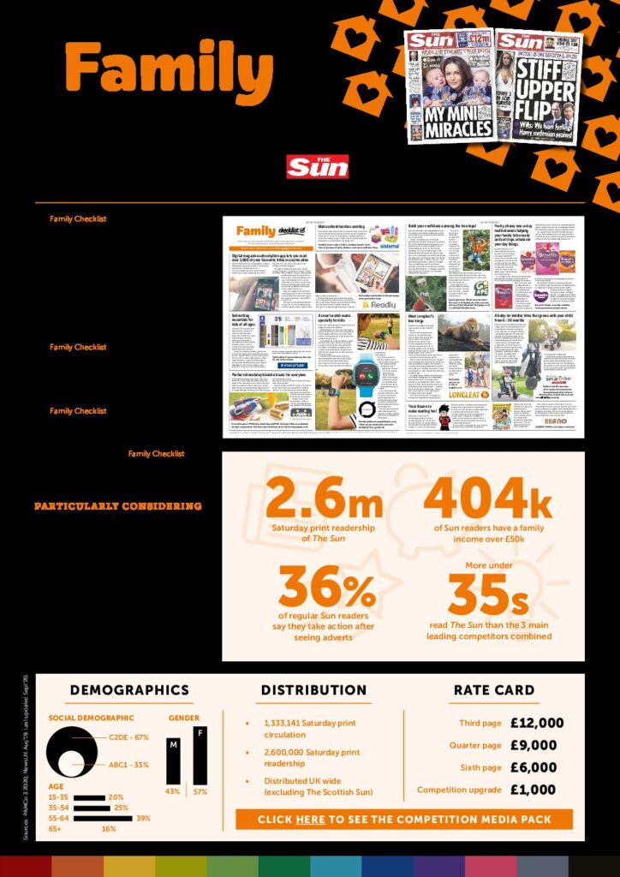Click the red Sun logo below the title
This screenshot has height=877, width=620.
click(x=318, y=166)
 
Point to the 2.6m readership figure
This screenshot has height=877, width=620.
click(x=324, y=498)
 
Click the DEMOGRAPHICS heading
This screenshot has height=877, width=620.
click(x=129, y=689)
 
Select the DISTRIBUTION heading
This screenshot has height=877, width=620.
click(x=313, y=689)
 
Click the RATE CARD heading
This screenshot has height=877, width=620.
click(x=494, y=689)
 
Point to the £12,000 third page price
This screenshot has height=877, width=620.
click(x=537, y=724)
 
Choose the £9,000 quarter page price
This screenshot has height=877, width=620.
click(x=533, y=745)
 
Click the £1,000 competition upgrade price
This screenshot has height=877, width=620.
click(x=533, y=790)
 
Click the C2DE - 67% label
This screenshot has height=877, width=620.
click(x=129, y=737)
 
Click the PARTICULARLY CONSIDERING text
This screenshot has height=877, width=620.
click(x=118, y=506)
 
